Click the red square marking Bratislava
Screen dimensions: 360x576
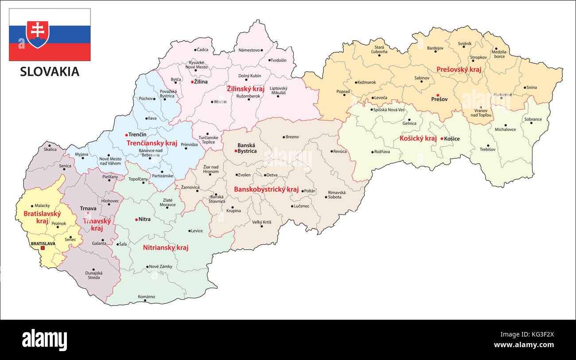point(43,248)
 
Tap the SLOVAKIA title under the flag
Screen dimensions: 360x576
point(50,72)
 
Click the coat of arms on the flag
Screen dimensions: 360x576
point(38,34)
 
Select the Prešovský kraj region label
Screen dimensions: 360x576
point(459,70)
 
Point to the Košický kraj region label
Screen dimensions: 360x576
point(418,138)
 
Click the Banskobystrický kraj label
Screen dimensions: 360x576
point(266,189)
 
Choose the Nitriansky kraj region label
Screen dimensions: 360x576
point(165,247)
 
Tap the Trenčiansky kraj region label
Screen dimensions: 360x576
point(152,143)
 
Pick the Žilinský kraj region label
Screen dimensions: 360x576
point(245,89)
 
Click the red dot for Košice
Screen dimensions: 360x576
point(442,139)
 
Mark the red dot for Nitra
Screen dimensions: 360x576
point(136,219)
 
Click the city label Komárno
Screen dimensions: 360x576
point(146,297)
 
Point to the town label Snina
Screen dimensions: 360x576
point(532,87)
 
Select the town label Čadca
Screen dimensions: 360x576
point(202,50)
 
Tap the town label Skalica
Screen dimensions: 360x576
point(50,149)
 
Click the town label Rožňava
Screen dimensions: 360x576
point(381,152)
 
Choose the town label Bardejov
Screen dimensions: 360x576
point(435,48)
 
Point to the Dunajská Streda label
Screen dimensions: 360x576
point(93,275)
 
